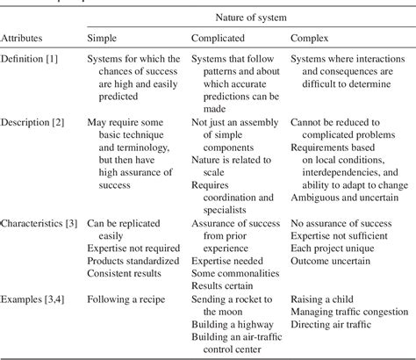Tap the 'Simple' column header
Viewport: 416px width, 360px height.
104,40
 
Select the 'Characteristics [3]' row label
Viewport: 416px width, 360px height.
42,226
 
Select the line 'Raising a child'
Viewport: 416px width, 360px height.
326,299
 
